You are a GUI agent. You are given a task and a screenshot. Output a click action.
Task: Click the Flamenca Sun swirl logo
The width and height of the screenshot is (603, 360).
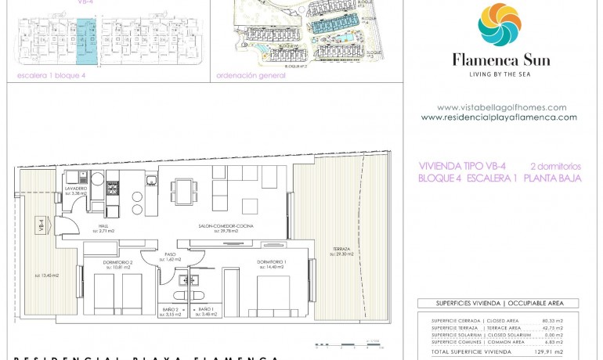499,24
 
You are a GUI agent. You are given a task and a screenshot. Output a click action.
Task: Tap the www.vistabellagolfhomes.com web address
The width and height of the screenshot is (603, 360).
501,107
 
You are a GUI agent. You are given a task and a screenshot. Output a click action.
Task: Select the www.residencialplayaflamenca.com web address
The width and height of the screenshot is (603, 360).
499,117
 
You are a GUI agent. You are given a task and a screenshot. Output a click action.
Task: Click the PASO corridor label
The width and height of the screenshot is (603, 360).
169,255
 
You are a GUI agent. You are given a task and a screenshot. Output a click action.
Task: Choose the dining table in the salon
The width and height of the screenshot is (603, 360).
186,189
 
